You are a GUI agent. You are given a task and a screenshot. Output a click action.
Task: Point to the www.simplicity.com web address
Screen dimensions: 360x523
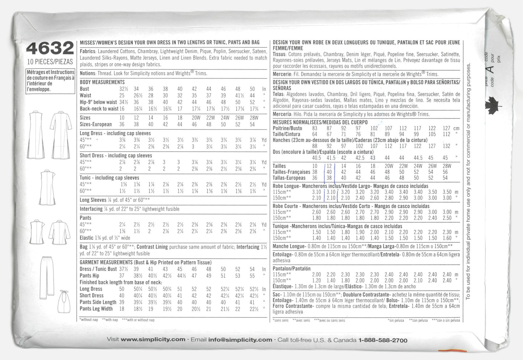[x=153, y=340]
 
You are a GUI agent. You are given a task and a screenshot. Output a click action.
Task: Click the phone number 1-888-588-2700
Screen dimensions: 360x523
[x=383, y=340]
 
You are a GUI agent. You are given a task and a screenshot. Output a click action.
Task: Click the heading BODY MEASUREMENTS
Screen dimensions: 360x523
[x=102, y=82]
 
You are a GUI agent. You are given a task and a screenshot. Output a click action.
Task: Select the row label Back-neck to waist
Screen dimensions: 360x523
[x=99, y=109]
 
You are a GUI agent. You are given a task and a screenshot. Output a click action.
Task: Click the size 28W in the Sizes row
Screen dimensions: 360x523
[x=254, y=118]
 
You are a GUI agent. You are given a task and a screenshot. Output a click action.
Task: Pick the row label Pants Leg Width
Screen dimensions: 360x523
[x=96, y=309]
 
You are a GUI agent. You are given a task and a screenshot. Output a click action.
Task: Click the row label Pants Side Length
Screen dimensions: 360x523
[x=98, y=302]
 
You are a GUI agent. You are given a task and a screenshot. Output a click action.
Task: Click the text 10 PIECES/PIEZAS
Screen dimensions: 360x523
[x=50, y=62]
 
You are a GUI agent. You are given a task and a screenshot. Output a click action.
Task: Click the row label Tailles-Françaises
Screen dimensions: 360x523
[x=291, y=172]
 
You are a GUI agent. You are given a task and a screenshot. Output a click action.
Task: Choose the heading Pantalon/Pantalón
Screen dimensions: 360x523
[x=291, y=268]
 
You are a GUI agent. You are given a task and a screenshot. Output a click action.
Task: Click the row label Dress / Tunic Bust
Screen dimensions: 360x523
[x=98, y=269]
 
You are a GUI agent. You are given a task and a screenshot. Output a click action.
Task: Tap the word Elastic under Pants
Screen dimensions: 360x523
[x=87, y=238]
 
